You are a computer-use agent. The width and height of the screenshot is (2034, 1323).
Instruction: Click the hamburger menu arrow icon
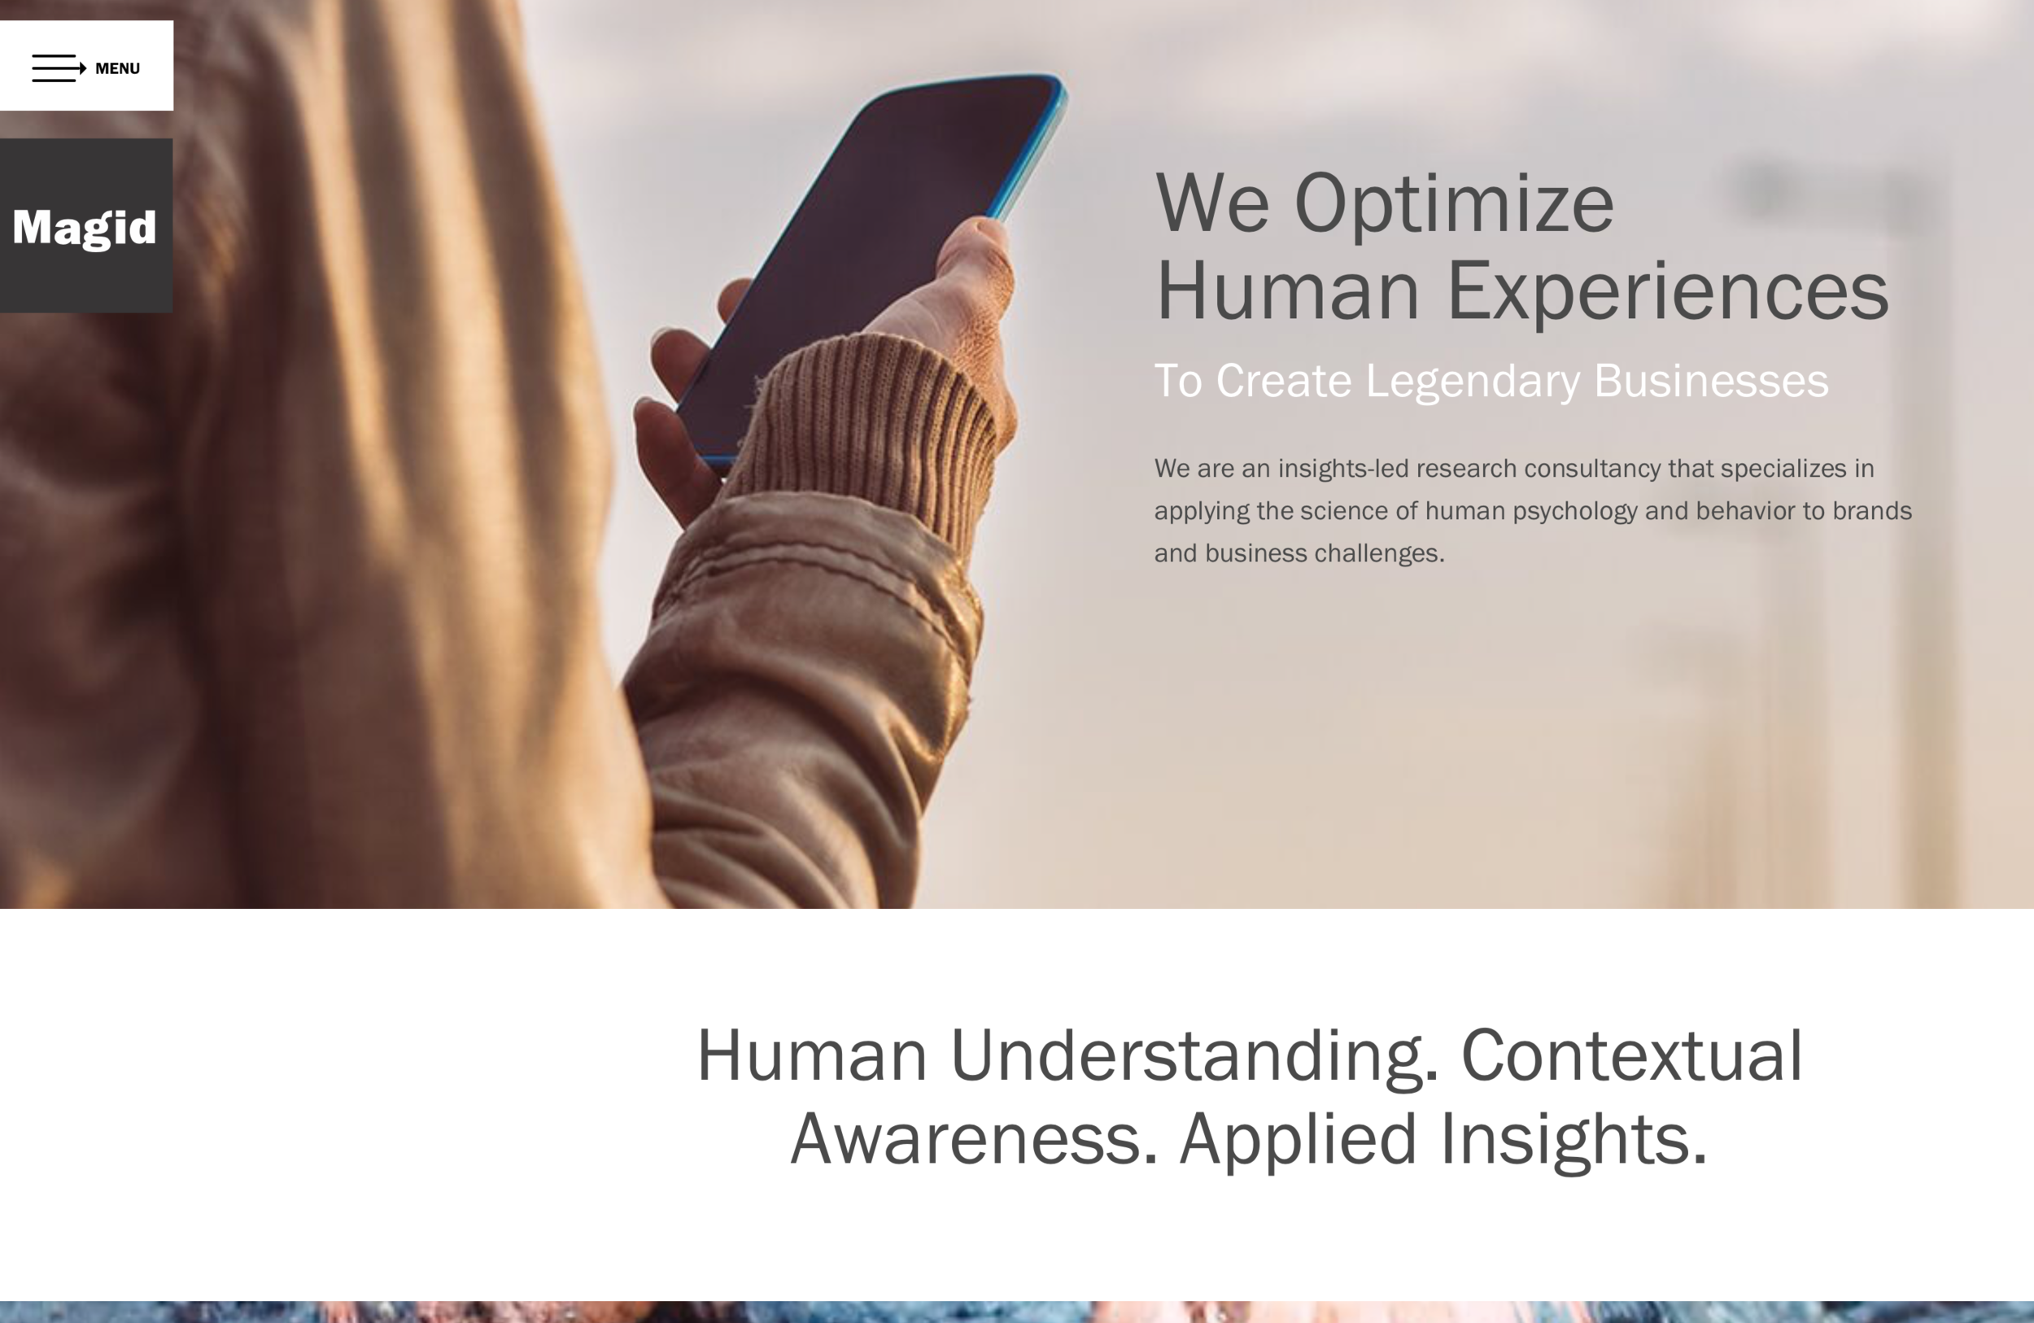pos(59,68)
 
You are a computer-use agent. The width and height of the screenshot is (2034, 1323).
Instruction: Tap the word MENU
pos(117,68)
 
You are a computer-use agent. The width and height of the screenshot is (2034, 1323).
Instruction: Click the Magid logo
pos(85,227)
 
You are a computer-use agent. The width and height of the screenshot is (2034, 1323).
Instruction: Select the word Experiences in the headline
pos(1666,292)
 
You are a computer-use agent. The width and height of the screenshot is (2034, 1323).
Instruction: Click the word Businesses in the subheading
pos(1711,380)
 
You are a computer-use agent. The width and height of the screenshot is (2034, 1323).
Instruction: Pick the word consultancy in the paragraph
pos(1592,469)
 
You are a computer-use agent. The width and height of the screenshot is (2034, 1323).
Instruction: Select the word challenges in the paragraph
pos(1379,554)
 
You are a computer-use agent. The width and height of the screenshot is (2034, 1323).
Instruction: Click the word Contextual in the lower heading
pos(1631,1055)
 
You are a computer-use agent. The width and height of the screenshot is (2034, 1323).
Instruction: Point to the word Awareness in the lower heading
pos(974,1138)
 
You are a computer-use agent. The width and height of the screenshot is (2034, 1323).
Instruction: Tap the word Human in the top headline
pos(1287,292)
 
